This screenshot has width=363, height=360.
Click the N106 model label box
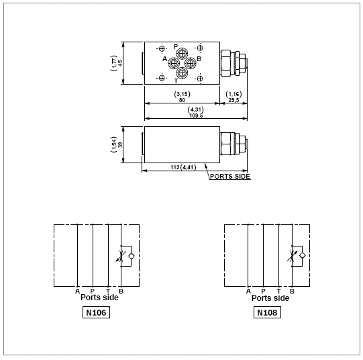tap(96, 312)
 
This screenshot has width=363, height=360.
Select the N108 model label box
tap(267, 312)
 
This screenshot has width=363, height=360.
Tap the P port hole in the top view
tap(182, 54)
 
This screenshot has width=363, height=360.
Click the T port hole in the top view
tap(182, 73)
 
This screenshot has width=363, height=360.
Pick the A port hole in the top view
tap(174, 63)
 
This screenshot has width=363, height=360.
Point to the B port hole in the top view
tap(191, 63)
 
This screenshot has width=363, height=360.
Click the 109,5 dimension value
tap(196, 116)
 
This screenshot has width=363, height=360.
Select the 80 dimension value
tap(182, 100)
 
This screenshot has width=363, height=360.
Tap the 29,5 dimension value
tap(234, 100)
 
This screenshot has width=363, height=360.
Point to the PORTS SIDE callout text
tap(230, 177)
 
